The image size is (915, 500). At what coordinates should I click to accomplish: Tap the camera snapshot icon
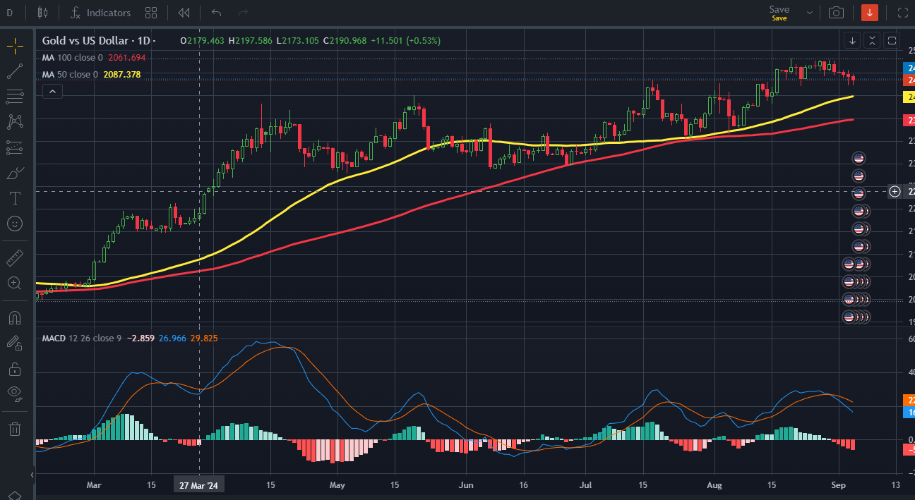tap(836, 13)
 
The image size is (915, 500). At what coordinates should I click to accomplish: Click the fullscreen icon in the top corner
tap(902, 13)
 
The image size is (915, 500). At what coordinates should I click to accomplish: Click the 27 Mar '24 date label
tap(198, 485)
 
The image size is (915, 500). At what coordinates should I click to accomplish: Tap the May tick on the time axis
tap(337, 485)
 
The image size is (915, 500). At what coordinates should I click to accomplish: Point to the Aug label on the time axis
tap(714, 485)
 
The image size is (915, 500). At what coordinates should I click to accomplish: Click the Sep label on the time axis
tap(839, 485)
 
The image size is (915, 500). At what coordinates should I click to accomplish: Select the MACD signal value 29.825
tap(204, 339)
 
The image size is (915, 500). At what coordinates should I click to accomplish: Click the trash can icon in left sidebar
tap(14, 429)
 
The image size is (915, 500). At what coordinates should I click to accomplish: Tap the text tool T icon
tap(14, 198)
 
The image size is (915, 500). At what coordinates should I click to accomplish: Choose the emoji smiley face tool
tap(14, 224)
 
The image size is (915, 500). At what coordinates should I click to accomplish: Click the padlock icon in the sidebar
tap(14, 369)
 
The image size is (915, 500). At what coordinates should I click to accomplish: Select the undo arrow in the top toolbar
tap(217, 13)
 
